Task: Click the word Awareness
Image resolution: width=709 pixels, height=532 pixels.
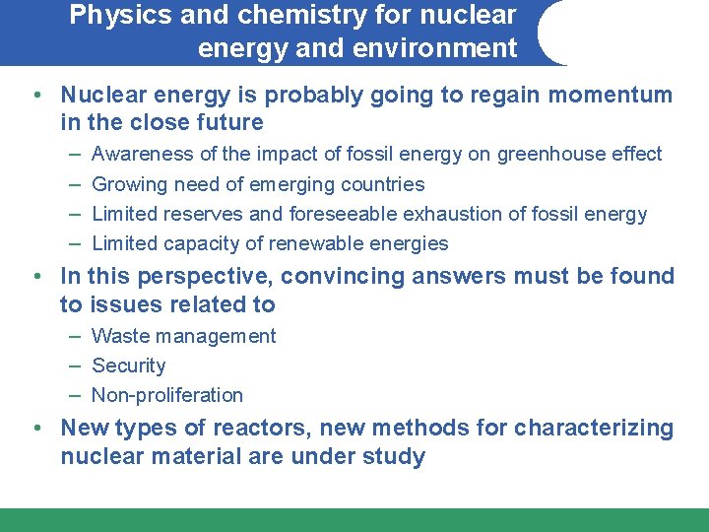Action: (x=143, y=154)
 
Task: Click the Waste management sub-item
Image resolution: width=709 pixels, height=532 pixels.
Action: (x=183, y=336)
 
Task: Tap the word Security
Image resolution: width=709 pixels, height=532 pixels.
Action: (x=129, y=366)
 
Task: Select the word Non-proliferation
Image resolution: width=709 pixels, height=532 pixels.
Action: (x=167, y=395)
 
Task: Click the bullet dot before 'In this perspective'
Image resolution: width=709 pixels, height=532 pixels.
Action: (x=35, y=277)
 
